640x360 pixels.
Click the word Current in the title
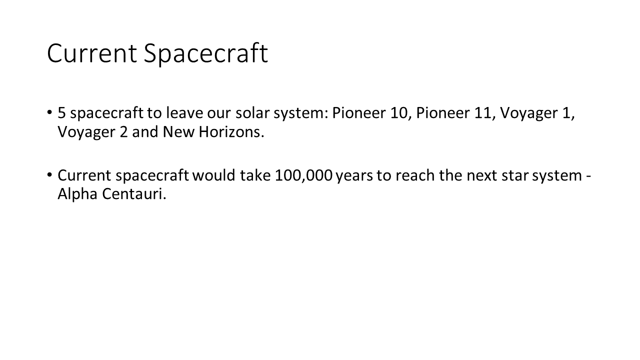[x=91, y=53]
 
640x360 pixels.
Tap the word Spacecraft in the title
[x=205, y=54]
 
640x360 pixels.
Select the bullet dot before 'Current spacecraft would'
[x=49, y=174]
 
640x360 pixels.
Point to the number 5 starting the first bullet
[x=61, y=113]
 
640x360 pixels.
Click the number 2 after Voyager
[x=123, y=132]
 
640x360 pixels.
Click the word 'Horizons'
[x=231, y=131]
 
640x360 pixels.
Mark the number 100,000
[x=303, y=175]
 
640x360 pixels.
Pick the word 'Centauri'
[x=134, y=193]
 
